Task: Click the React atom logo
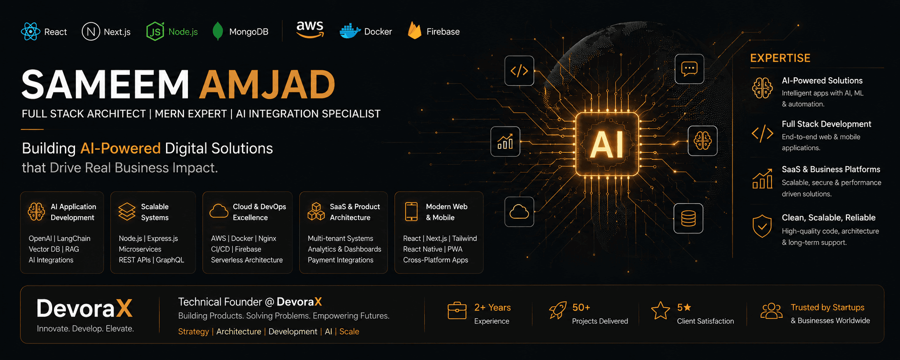[x=30, y=32]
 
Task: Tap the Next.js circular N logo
[x=91, y=32]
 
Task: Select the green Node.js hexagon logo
[x=155, y=32]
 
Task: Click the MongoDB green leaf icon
[x=218, y=31]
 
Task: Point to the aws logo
[x=310, y=29]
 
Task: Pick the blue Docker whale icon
[x=350, y=31]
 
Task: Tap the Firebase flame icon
[x=414, y=30]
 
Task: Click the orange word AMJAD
[x=267, y=85]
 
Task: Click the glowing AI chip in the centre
[x=607, y=144]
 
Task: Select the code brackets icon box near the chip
[x=519, y=71]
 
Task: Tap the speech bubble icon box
[x=689, y=69]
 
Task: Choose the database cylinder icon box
[x=689, y=218]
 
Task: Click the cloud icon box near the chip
[x=519, y=212]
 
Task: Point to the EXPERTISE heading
[x=780, y=58]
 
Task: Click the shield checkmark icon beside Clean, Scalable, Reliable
[x=762, y=226]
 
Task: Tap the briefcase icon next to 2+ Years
[x=457, y=311]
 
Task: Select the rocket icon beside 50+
[x=558, y=311]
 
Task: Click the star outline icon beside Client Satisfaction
[x=660, y=311]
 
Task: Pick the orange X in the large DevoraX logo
[x=124, y=309]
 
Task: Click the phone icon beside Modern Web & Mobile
[x=411, y=212]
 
